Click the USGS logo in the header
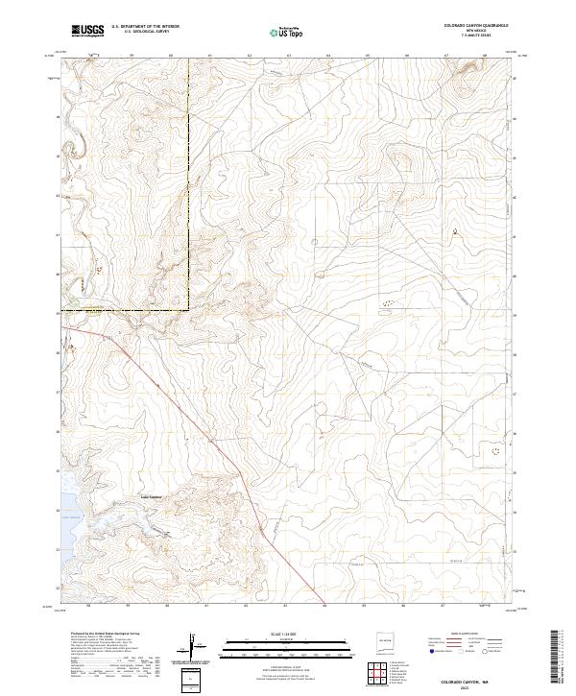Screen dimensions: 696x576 (88, 32)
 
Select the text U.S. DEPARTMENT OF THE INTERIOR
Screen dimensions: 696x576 (145, 27)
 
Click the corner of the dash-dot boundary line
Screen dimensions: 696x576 (187, 309)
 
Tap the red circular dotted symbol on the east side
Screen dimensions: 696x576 (496, 449)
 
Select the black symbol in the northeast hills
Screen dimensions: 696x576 (454, 231)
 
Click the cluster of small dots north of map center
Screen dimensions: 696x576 (388, 303)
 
